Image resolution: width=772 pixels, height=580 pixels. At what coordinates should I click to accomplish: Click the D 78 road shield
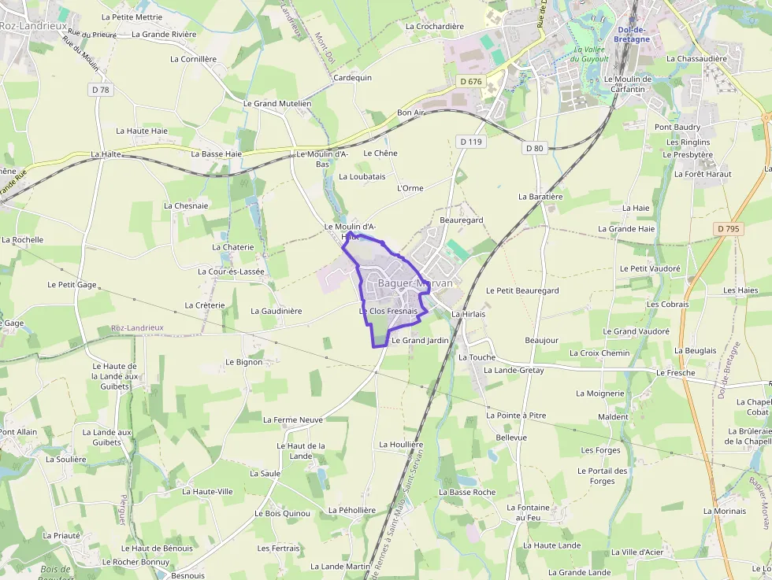[x=101, y=90]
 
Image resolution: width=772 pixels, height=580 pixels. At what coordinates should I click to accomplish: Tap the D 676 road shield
[x=470, y=81]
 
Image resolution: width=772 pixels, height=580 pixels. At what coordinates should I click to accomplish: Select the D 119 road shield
[x=470, y=142]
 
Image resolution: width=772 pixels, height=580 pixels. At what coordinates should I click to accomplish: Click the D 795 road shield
[x=729, y=228]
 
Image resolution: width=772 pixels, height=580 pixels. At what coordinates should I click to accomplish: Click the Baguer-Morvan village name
[x=415, y=283]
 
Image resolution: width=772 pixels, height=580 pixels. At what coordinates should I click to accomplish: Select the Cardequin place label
[x=352, y=78]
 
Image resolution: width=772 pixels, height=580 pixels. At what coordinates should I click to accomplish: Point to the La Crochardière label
[x=434, y=26]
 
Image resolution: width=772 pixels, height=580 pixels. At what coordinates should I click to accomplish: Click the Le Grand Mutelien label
[x=277, y=103]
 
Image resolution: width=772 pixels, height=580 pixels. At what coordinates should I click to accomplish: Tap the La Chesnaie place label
[x=186, y=205]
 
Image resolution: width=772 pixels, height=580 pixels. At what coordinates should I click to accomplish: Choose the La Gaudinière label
[x=276, y=311]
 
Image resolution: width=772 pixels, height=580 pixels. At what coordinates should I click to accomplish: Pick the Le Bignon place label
[x=243, y=362]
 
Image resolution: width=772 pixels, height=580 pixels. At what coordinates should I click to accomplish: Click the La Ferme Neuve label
[x=293, y=420]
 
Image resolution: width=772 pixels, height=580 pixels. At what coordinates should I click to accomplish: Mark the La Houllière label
[x=401, y=445]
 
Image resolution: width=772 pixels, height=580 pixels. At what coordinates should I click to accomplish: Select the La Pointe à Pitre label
[x=516, y=415]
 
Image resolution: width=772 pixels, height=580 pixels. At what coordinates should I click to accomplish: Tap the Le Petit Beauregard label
[x=522, y=290]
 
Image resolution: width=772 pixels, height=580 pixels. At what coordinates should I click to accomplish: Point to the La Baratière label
[x=540, y=196]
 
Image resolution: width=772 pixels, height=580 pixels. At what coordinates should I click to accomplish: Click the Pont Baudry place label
[x=677, y=127]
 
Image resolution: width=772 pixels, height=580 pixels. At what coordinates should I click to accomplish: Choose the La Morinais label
[x=724, y=511]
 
